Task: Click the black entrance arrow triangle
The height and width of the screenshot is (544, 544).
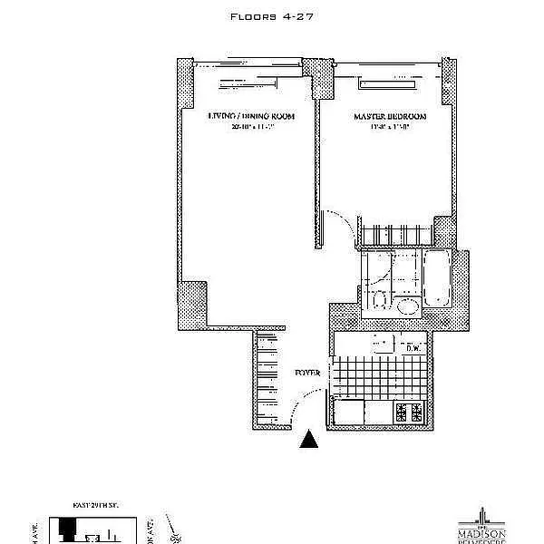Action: [310, 440]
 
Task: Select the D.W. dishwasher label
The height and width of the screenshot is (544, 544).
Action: [413, 347]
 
